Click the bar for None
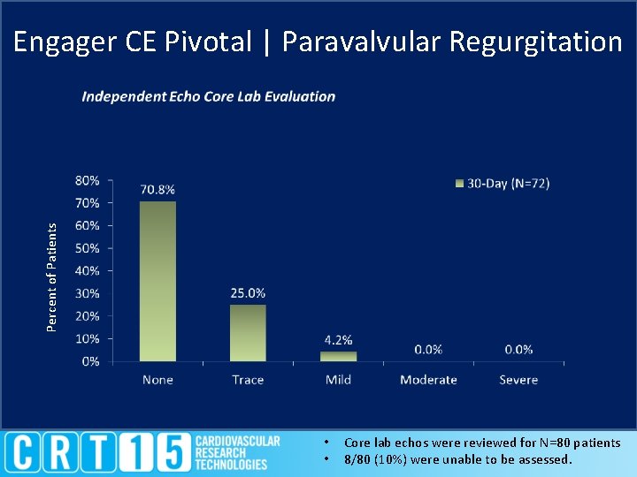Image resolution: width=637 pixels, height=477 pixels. (x=157, y=281)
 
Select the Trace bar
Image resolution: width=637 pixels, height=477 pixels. (x=248, y=332)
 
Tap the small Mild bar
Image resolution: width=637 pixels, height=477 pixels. (x=338, y=356)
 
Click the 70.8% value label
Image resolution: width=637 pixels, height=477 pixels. (x=157, y=189)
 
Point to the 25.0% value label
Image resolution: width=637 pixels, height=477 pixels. (x=248, y=293)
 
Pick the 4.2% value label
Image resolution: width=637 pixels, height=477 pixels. (x=338, y=340)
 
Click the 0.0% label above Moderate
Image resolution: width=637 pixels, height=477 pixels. (x=428, y=350)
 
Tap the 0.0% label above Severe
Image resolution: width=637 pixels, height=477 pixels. (x=518, y=350)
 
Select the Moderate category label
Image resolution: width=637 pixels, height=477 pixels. (x=428, y=380)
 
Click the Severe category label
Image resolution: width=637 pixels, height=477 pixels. (x=518, y=380)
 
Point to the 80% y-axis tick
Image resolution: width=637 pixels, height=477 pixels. (x=88, y=180)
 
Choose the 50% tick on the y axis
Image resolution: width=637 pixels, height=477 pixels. (x=88, y=248)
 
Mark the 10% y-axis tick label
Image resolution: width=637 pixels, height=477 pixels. (x=88, y=338)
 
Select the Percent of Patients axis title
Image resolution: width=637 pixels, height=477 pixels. (x=52, y=277)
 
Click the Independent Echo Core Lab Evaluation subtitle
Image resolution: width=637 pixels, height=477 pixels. (x=209, y=96)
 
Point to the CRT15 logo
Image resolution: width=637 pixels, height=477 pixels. (x=142, y=452)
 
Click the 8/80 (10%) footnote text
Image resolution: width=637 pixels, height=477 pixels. (x=457, y=459)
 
